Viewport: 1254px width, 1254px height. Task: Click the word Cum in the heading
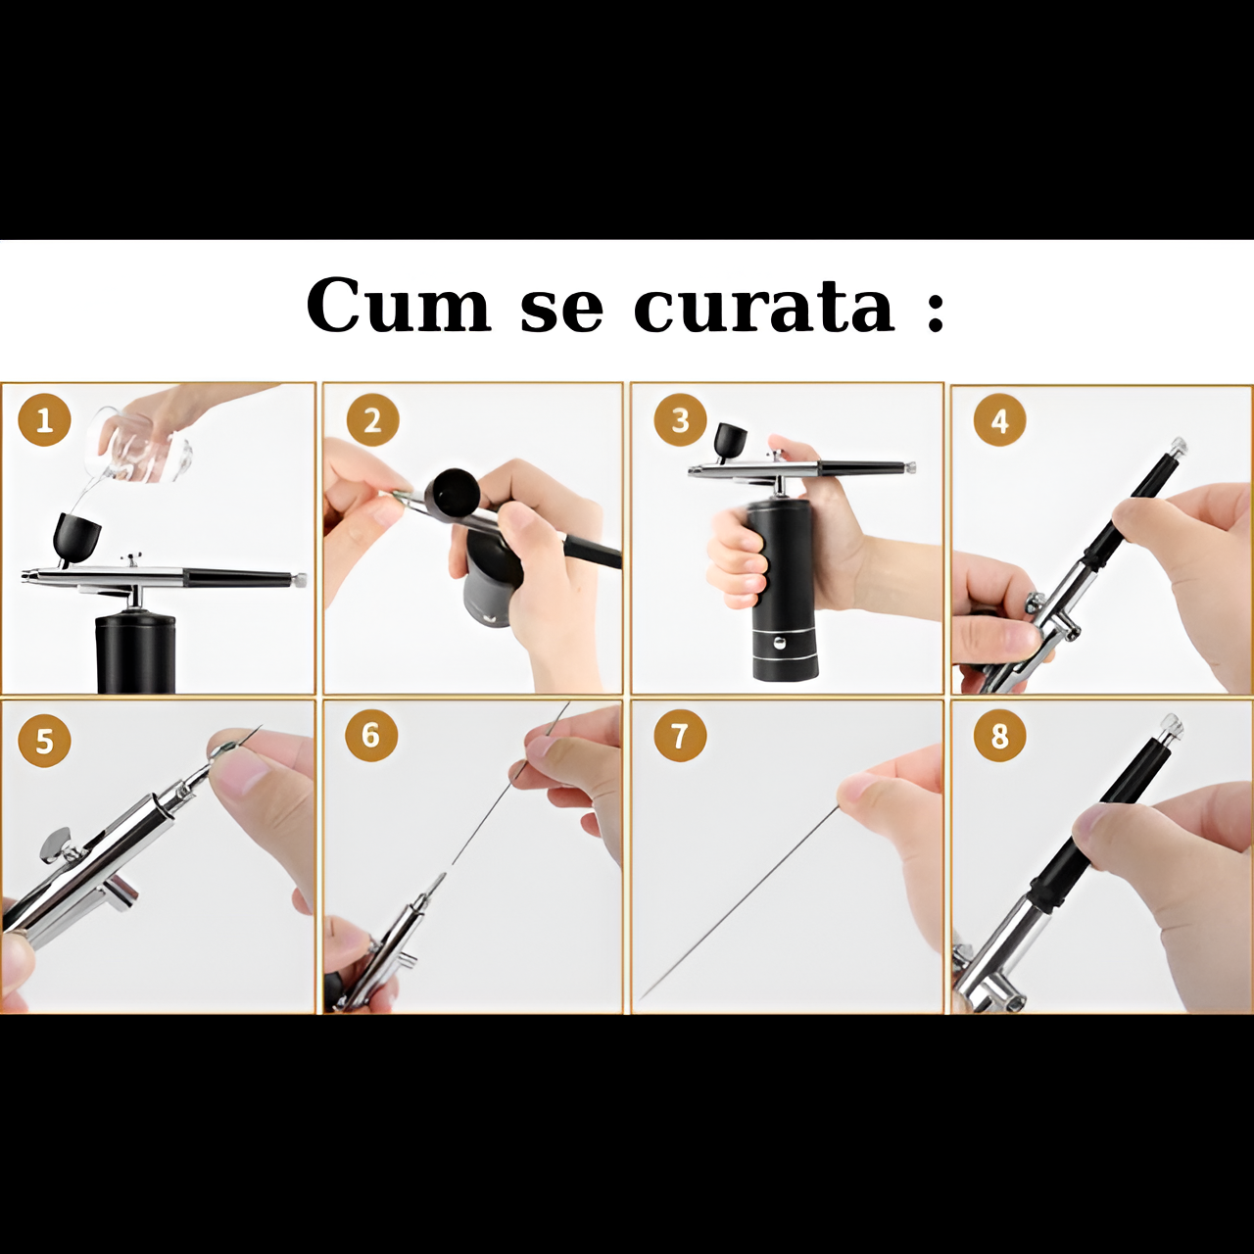pyautogui.click(x=399, y=305)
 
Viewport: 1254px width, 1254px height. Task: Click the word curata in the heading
pyautogui.click(x=764, y=305)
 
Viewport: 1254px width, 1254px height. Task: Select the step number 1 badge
pyautogui.click(x=44, y=421)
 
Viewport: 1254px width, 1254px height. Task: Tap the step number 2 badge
pyautogui.click(x=373, y=420)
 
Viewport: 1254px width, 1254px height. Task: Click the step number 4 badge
pyautogui.click(x=999, y=421)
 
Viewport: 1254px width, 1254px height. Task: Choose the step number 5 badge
pyautogui.click(x=44, y=742)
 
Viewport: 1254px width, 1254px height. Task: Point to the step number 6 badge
pyautogui.click(x=371, y=736)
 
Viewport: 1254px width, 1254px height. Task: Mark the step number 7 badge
pyautogui.click(x=679, y=736)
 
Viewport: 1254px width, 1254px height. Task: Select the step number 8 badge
pyautogui.click(x=999, y=736)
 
